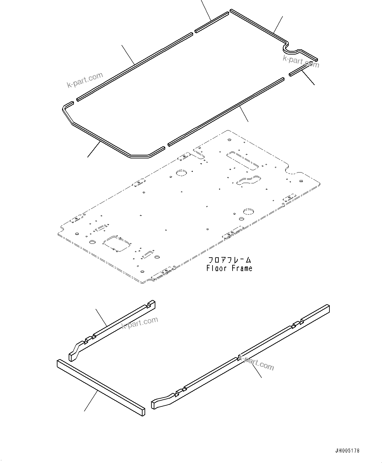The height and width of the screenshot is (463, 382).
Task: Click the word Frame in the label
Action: click(x=242, y=268)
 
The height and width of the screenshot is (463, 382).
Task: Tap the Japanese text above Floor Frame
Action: click(x=229, y=260)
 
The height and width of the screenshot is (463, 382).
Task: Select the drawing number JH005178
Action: click(x=348, y=451)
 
